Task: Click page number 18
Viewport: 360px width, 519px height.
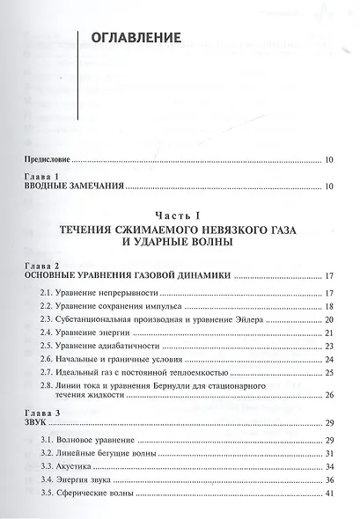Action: (327, 305)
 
